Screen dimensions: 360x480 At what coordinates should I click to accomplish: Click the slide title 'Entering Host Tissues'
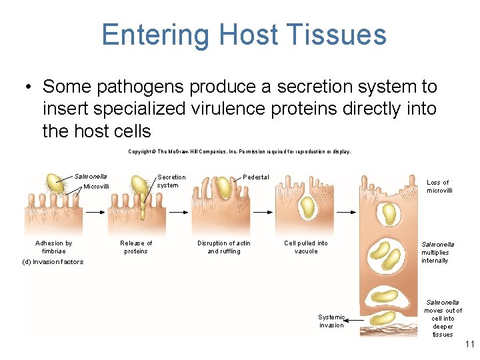click(244, 35)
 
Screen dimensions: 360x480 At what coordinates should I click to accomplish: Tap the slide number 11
click(469, 345)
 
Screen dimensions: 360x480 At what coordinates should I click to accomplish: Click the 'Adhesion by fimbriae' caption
click(54, 247)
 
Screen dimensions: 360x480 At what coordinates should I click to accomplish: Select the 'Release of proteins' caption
click(136, 247)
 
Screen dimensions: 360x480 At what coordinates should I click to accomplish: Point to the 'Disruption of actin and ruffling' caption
click(224, 247)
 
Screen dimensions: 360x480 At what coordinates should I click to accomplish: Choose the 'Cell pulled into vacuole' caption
click(306, 247)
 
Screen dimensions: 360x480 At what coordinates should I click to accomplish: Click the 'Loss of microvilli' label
click(439, 187)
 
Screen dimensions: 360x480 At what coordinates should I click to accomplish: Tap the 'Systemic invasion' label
click(331, 321)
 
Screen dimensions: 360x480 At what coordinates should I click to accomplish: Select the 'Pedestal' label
click(256, 177)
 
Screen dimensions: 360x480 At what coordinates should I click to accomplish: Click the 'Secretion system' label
click(171, 181)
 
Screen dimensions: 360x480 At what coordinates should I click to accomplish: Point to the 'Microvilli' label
click(96, 187)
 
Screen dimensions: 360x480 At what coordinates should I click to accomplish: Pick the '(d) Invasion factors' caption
click(53, 262)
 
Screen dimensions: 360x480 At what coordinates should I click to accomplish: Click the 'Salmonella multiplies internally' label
click(438, 253)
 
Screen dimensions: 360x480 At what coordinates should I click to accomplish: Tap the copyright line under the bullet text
click(239, 151)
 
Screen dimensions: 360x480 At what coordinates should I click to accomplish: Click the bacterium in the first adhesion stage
click(55, 184)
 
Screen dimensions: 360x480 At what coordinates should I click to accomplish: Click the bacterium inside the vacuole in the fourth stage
click(308, 209)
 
